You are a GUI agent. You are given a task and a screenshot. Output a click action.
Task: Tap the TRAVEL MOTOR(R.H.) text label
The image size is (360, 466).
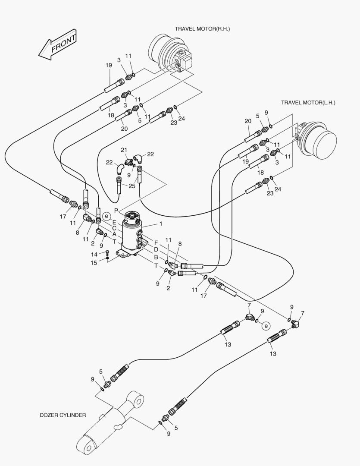pos(202,29)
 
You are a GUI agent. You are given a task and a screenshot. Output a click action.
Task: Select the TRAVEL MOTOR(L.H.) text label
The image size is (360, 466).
pos(308,103)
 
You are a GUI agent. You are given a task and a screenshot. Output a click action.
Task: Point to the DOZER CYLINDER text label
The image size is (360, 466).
pos(63,415)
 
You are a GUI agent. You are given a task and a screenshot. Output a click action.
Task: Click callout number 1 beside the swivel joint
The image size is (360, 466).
pos(161,224)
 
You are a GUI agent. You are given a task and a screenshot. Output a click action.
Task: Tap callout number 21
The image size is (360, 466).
pos(124,150)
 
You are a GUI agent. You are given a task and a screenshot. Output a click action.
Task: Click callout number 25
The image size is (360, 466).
pos(131,186)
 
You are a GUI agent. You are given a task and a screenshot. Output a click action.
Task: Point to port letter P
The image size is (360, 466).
pos(116,210)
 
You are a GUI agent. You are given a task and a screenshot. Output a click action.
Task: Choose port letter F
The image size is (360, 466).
pos(156,243)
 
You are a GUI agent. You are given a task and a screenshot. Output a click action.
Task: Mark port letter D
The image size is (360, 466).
pos(156,250)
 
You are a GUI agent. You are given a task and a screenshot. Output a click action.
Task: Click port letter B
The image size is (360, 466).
pos(156,257)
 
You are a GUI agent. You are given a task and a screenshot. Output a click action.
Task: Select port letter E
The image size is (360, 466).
pos(114,222)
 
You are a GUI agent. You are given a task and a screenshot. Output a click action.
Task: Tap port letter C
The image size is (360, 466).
pos(114,228)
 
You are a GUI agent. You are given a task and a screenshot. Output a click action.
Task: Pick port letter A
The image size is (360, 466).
pos(114,234)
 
